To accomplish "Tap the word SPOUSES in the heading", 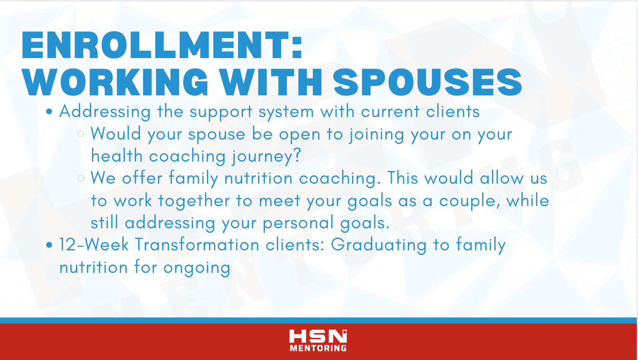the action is pyautogui.click(x=427, y=82).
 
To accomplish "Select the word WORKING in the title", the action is pyautogui.click(x=115, y=82).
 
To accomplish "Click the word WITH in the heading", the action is pyautogui.click(x=271, y=82).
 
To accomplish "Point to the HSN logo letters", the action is pyautogui.click(x=318, y=336).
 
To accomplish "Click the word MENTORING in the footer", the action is pyautogui.click(x=318, y=348).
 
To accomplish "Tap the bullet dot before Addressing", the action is pyautogui.click(x=49, y=112).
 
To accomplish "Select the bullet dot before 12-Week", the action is pyautogui.click(x=49, y=245).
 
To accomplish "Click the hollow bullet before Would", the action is pyautogui.click(x=81, y=134).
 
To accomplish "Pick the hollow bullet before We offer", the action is pyautogui.click(x=81, y=178).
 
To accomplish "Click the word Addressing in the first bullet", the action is pyautogui.click(x=105, y=112).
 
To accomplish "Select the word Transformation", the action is pyautogui.click(x=197, y=245).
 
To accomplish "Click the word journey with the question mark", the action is pyautogui.click(x=266, y=156).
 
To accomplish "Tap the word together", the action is pyautogui.click(x=194, y=201).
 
